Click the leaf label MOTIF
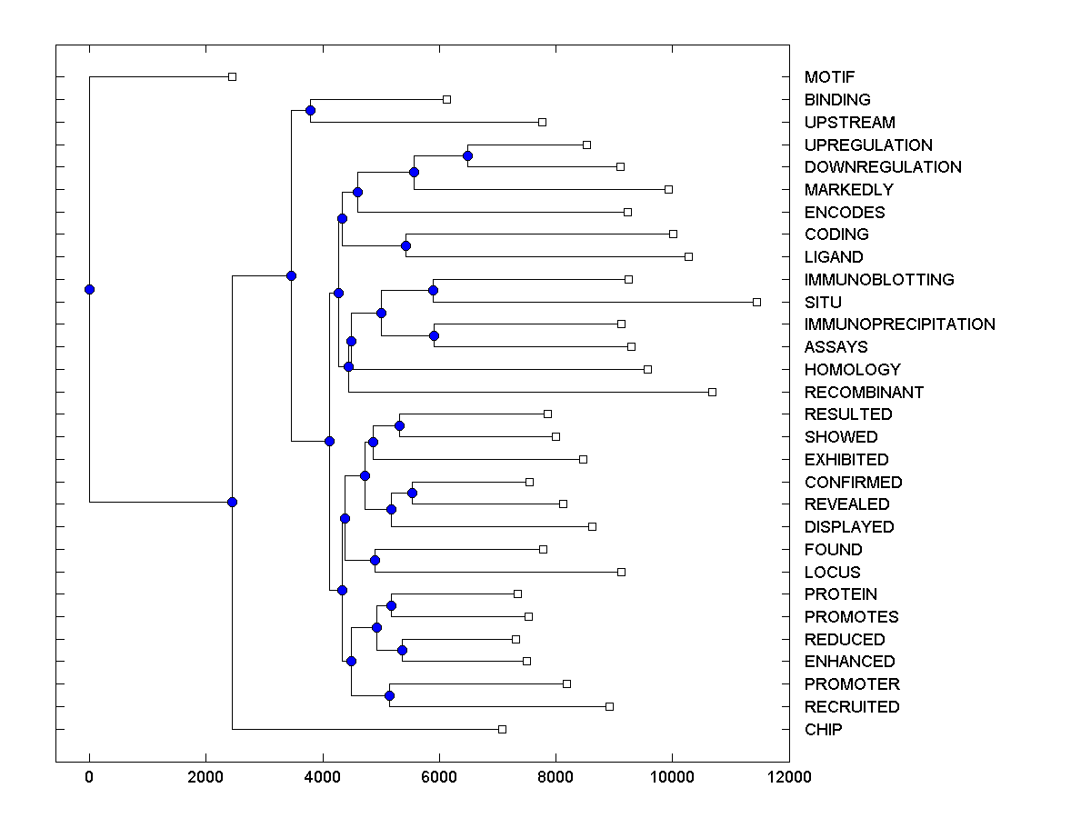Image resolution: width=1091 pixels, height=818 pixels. click(829, 77)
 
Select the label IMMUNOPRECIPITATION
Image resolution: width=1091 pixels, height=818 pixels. click(899, 324)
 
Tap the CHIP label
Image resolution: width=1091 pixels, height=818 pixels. click(823, 729)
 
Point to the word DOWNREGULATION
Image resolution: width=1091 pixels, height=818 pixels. click(882, 167)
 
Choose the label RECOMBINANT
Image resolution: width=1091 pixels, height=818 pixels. click(864, 392)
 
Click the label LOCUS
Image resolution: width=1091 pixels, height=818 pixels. click(832, 572)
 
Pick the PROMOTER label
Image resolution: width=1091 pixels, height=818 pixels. click(852, 684)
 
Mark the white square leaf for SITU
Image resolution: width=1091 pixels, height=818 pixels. click(756, 302)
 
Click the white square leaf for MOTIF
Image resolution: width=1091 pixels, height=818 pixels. click(232, 77)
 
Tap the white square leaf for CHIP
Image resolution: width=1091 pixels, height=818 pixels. click(502, 729)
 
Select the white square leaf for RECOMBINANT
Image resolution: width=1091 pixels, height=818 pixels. click(712, 392)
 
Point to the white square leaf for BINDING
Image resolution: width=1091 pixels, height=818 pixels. click(446, 99)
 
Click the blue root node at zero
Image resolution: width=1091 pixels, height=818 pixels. click(89, 289)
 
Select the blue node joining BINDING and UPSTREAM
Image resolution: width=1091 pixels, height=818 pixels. click(310, 110)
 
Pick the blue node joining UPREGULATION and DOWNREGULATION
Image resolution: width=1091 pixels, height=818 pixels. click(467, 155)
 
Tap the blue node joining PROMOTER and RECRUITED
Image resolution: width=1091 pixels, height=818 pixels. click(389, 695)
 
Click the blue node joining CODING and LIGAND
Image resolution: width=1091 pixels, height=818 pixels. click(405, 245)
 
